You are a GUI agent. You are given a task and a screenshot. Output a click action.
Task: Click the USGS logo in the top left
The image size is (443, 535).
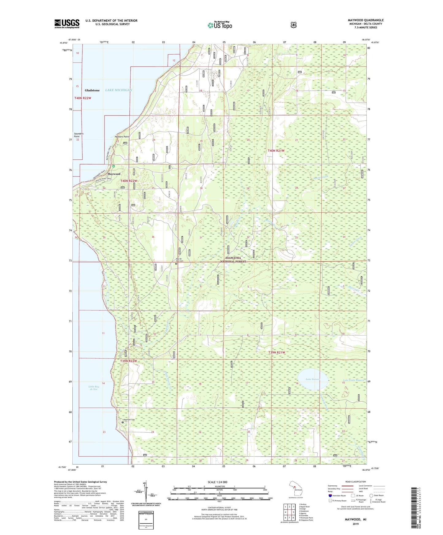(x=67, y=24)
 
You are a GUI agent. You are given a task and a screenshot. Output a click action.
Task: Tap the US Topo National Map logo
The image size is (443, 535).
(x=220, y=25)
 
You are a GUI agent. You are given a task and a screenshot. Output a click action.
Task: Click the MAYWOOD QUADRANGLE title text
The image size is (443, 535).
(x=365, y=20)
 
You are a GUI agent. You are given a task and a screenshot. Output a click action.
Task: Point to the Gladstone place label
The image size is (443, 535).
(x=92, y=90)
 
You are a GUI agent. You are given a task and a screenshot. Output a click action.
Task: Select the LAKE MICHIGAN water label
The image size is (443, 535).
(x=118, y=90)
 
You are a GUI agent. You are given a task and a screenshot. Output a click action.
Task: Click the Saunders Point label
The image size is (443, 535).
(x=79, y=135)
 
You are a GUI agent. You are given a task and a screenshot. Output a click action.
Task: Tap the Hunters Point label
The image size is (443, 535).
(x=122, y=137)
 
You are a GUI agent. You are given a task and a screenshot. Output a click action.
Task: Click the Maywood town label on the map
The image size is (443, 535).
(x=114, y=174)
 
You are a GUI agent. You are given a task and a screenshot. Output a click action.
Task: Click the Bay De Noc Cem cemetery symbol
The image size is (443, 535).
(x=176, y=263)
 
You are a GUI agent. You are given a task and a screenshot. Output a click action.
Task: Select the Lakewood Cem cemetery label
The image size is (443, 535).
(x=128, y=419)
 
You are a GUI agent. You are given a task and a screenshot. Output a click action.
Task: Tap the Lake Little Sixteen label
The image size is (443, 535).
(x=353, y=380)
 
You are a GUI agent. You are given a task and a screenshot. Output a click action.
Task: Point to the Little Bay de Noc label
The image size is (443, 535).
(x=93, y=388)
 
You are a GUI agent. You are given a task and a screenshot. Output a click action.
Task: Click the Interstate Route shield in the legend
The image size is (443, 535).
(x=330, y=495)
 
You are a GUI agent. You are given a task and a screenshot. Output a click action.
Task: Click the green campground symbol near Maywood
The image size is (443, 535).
(x=113, y=166)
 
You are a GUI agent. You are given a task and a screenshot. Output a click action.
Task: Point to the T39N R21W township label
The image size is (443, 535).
(x=277, y=352)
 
